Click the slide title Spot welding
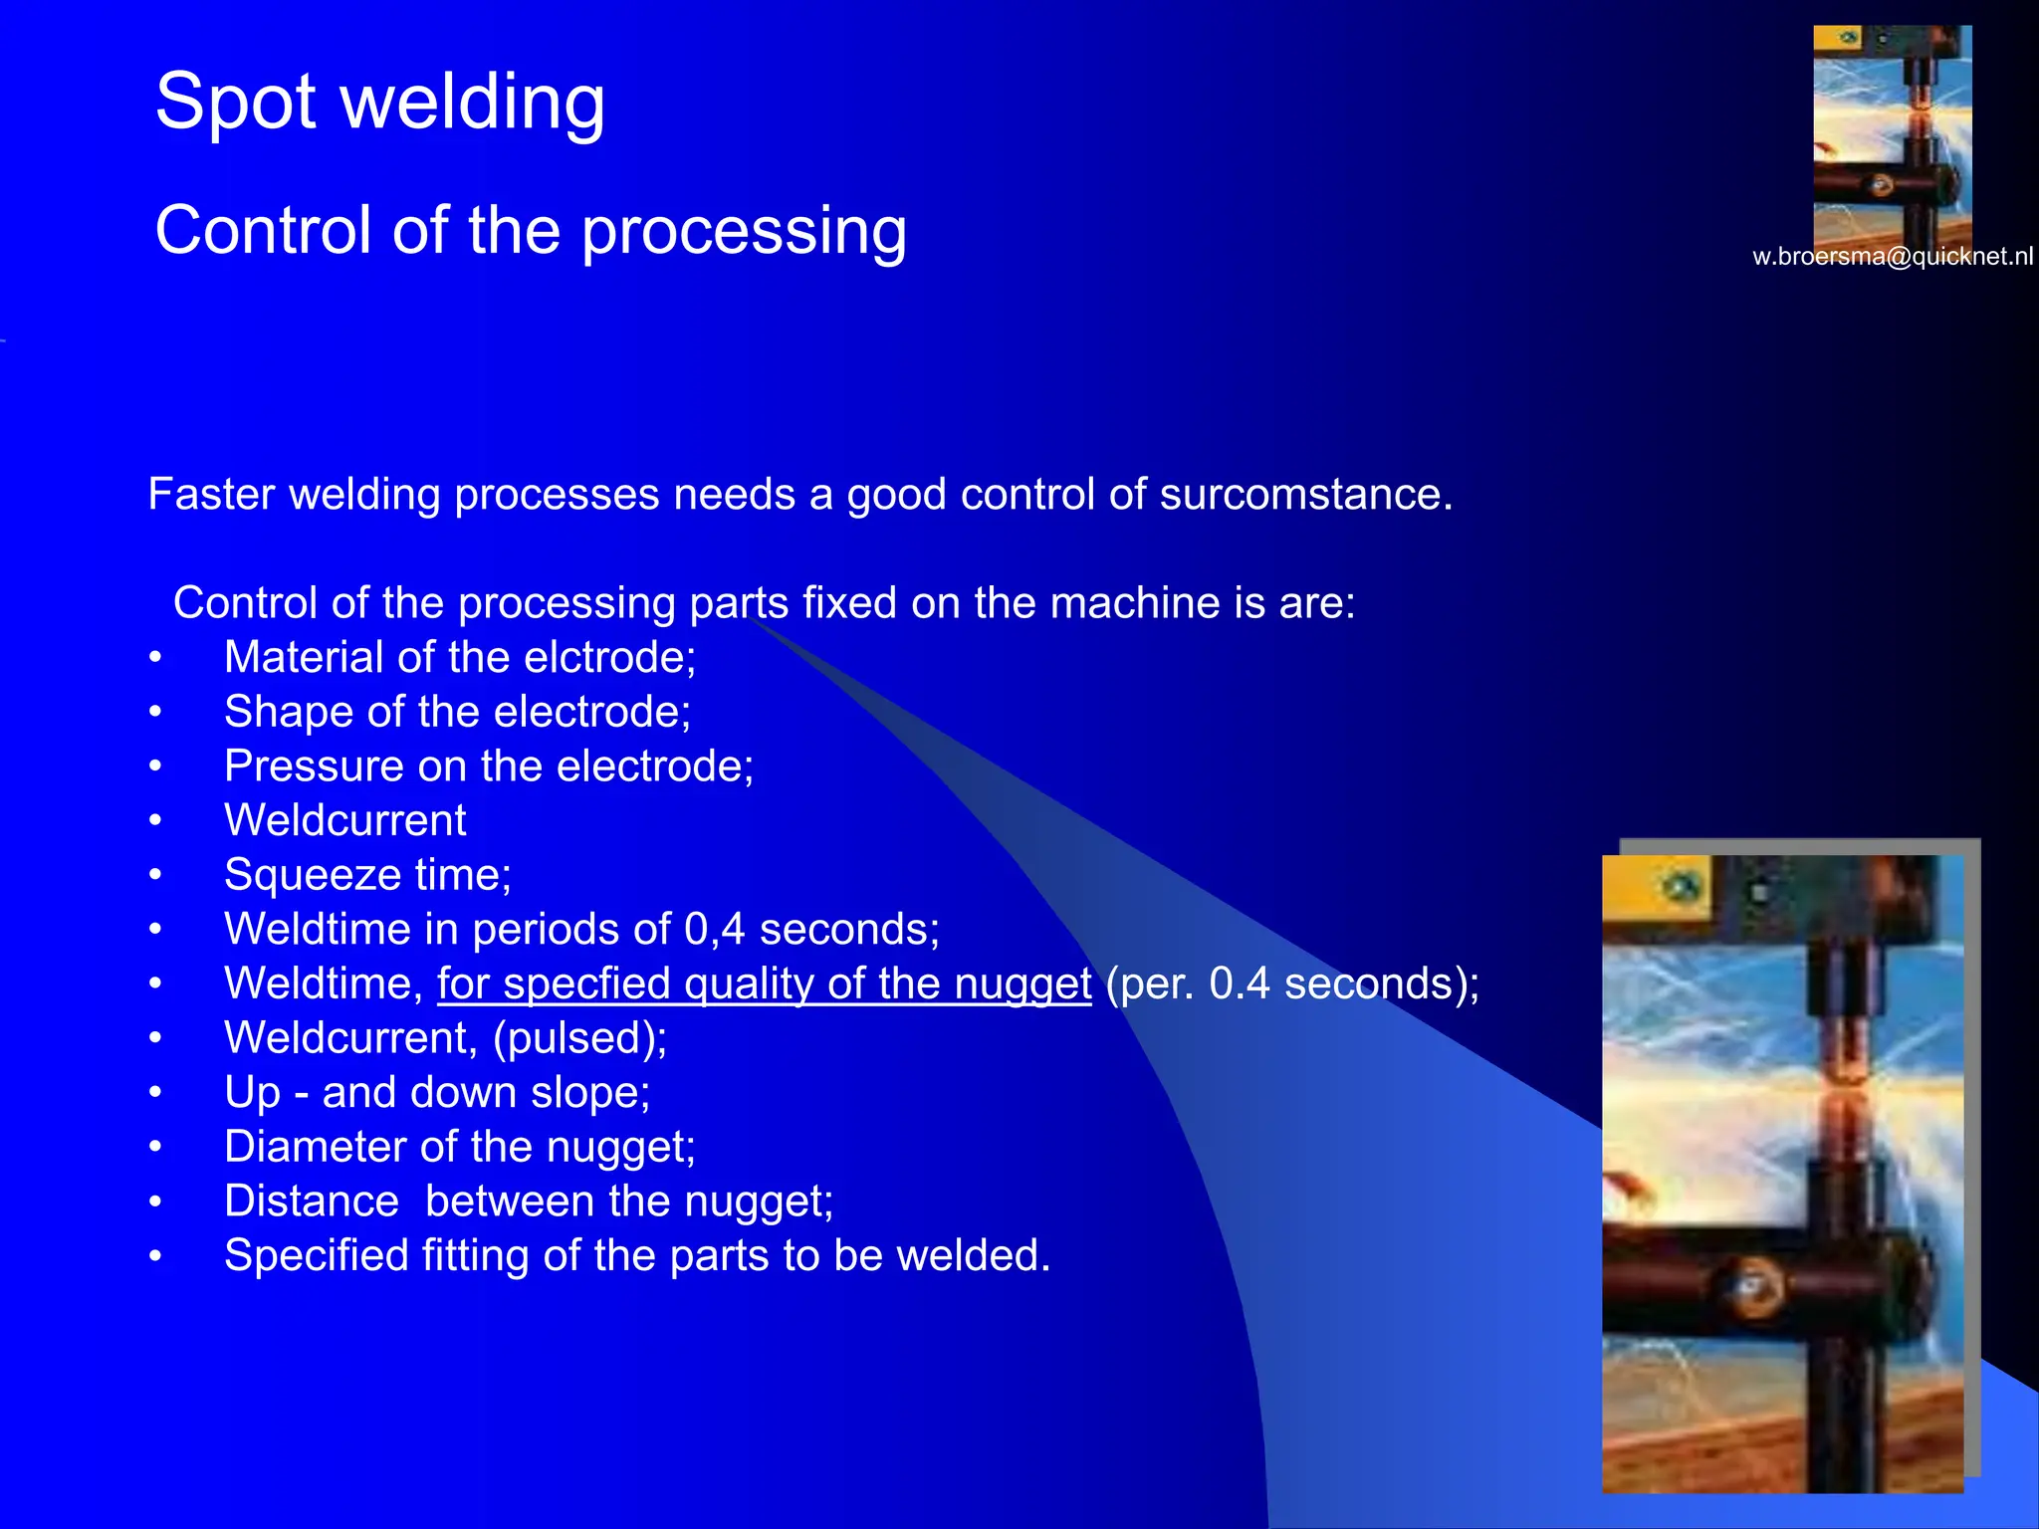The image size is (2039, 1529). (380, 103)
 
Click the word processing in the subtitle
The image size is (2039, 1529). (743, 231)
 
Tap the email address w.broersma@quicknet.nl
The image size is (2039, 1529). (1892, 257)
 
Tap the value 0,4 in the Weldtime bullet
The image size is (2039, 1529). (714, 930)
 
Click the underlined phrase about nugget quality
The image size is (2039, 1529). (764, 984)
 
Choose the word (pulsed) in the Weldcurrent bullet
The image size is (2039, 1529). (579, 1038)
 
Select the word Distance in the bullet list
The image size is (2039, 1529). (311, 1201)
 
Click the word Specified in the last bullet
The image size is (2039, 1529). (316, 1256)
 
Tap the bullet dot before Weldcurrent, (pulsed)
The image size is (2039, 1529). (155, 1038)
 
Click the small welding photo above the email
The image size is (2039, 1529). (1892, 134)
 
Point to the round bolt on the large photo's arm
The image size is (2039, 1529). (1754, 1286)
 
